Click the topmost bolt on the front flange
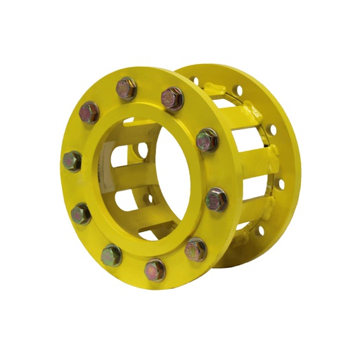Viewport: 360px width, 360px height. tap(127, 88)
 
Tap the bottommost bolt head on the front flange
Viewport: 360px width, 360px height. tap(154, 269)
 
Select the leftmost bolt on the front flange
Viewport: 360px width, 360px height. tap(72, 161)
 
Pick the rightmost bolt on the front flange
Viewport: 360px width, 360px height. tap(217, 199)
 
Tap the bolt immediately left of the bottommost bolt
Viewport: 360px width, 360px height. tap(111, 255)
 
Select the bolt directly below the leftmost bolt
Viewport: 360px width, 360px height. tap(81, 212)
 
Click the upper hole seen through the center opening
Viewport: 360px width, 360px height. tap(143, 150)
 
